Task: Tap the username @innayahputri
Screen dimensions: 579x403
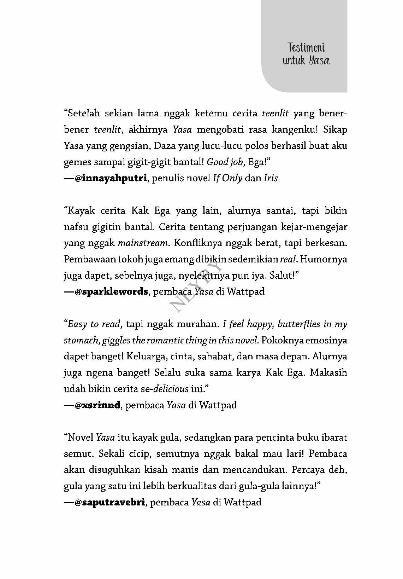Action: point(111,178)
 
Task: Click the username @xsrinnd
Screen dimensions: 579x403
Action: point(97,405)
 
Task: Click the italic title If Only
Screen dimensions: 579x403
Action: point(227,178)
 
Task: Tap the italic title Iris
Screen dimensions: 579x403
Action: point(271,178)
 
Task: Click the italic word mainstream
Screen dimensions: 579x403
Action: point(143,243)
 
